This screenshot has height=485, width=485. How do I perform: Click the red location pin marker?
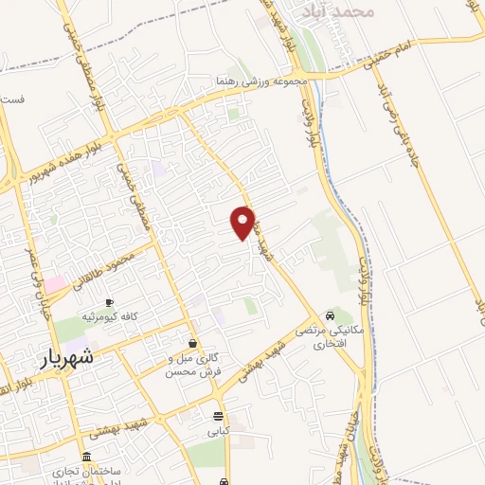[x=243, y=222]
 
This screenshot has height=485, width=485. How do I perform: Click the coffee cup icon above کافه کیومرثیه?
[x=109, y=302]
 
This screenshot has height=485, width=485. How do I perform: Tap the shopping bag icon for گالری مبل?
[x=193, y=344]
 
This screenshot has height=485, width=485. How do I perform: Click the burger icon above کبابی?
[x=219, y=416]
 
